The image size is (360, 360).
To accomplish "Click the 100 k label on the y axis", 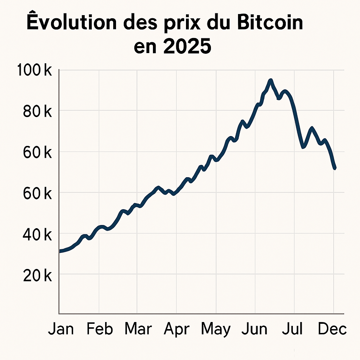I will click(34, 71).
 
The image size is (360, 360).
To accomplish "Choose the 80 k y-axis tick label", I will click(37, 111).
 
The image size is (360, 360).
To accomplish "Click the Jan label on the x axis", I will click(61, 329).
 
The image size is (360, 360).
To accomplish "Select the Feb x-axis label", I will click(100, 329).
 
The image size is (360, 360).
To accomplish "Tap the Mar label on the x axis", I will click(138, 329).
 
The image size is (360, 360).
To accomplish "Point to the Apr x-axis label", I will click(176, 330).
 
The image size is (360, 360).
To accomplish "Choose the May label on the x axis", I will click(216, 330).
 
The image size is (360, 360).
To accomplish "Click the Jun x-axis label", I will click(255, 329).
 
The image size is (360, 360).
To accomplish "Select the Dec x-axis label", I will click(332, 329).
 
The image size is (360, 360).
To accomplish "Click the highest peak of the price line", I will click(270, 81).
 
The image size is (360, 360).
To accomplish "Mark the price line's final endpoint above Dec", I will click(335, 168).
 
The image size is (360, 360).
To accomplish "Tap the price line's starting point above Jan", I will click(60, 251).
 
